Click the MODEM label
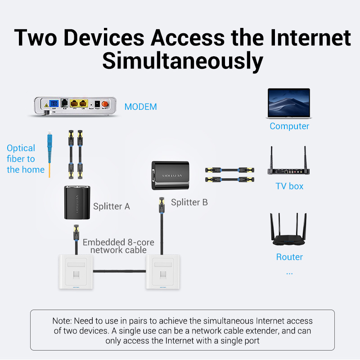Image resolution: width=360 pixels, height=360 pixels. point(140,107)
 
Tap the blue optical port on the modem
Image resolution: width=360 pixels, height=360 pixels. point(54,103)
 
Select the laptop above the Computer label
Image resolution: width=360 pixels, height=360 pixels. point(289,103)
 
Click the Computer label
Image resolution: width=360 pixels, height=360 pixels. point(289,126)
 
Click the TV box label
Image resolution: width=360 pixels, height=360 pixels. point(289,186)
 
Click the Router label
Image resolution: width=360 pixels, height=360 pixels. point(289,257)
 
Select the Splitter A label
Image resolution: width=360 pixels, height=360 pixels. point(111,207)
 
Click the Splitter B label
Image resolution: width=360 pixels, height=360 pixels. point(189,202)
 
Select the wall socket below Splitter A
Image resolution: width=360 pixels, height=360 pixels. point(75,271)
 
